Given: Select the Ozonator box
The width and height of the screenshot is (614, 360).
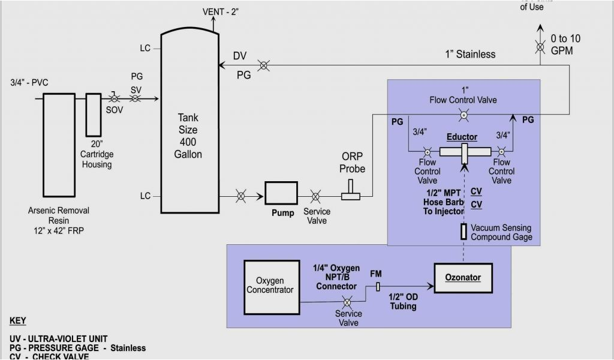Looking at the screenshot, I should coord(463,277).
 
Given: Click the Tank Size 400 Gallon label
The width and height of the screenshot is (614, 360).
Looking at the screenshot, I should coord(189,136).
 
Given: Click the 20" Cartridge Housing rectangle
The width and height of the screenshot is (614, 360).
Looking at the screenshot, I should coord(94,114).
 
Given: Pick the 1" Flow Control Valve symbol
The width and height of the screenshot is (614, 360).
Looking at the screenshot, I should coord(463,114).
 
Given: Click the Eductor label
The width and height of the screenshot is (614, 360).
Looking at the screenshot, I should coord(462,137).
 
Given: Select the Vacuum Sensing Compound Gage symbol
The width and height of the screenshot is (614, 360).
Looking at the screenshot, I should coord(463,232).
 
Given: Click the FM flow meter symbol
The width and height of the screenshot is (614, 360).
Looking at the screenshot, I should coord(377,287).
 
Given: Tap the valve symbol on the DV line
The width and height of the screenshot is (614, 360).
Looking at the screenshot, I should coord(263,65).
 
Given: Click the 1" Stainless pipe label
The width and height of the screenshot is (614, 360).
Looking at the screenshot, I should coord(470,54).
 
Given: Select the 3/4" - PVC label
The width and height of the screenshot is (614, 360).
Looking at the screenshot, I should coord(29,83).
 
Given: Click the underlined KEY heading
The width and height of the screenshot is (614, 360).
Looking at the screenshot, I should coord(18,320).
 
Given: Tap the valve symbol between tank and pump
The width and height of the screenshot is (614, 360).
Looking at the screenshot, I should coord(240,196).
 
